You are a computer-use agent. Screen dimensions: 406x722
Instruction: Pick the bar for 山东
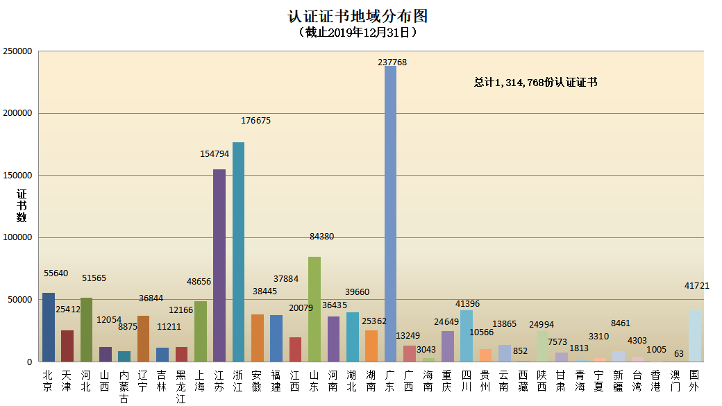[x=314, y=309]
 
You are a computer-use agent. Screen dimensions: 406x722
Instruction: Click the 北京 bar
[x=48, y=327]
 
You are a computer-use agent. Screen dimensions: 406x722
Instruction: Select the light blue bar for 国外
[x=694, y=336]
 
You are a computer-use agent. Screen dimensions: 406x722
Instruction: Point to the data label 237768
[x=392, y=62]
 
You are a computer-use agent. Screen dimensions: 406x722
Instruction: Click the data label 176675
[x=255, y=120]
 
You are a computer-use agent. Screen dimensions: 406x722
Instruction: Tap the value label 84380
[x=321, y=237]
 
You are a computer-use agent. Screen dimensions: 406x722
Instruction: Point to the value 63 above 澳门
[x=679, y=354]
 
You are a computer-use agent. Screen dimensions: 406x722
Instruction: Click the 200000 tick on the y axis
[x=18, y=113]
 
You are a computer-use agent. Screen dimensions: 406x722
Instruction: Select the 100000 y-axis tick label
[x=18, y=237]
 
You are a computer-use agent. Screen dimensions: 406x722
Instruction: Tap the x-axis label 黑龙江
[x=181, y=387]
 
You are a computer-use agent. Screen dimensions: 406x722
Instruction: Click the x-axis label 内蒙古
[x=124, y=387]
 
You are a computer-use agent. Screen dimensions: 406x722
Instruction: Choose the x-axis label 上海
[x=200, y=381]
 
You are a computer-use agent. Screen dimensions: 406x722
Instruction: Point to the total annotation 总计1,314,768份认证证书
[x=535, y=82]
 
